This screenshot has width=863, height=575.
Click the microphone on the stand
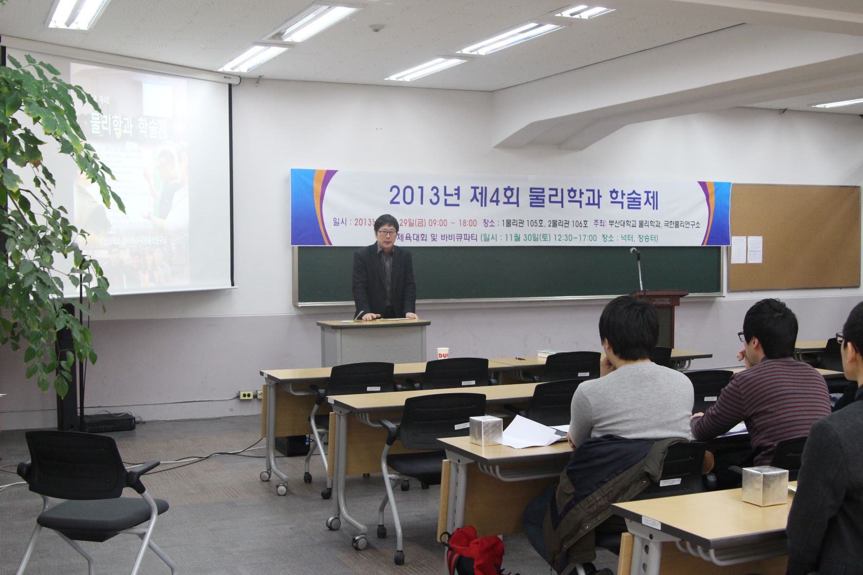[x=634, y=251]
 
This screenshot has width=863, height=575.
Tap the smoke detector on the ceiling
[x=376, y=28]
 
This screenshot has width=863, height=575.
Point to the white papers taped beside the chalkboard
[x=747, y=249]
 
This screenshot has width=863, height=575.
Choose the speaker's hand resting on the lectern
[x=374, y=317]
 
